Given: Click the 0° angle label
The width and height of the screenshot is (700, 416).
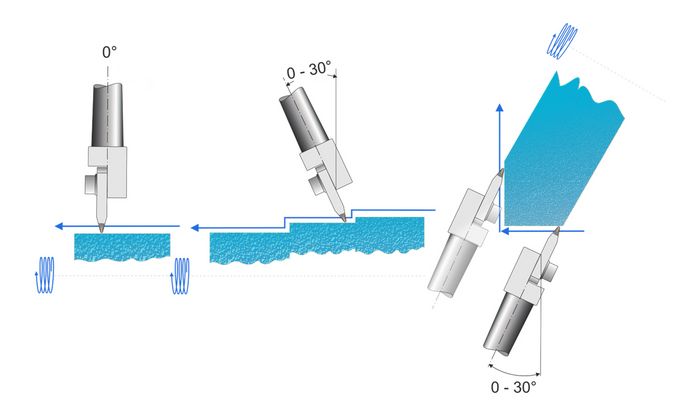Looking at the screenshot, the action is point(109,52).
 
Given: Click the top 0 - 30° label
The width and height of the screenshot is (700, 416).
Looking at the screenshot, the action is point(309,71).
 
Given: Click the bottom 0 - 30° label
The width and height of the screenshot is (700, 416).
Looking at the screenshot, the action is point(513,387).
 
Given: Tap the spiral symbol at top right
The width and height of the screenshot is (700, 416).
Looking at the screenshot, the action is point(562,40).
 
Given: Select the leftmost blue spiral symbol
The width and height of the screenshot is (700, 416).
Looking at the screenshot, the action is point(45,275).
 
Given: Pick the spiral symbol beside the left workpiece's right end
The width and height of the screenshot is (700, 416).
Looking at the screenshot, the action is point(180,276).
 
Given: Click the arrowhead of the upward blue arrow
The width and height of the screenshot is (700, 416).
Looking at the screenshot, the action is point(500,108).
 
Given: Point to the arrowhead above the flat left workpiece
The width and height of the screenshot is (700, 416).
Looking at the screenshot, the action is point(58,226).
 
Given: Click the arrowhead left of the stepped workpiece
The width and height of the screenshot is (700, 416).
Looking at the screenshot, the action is point(195,228).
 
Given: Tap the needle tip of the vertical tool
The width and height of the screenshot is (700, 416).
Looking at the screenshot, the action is point(102,230).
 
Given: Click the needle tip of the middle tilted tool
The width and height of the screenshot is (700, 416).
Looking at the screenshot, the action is point(344,219).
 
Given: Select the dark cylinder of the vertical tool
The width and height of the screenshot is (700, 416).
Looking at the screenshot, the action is point(107,115).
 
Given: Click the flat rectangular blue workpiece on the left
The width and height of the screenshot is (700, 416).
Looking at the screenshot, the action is point(122,247).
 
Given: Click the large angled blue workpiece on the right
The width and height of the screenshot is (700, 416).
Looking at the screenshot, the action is point(562,152).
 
